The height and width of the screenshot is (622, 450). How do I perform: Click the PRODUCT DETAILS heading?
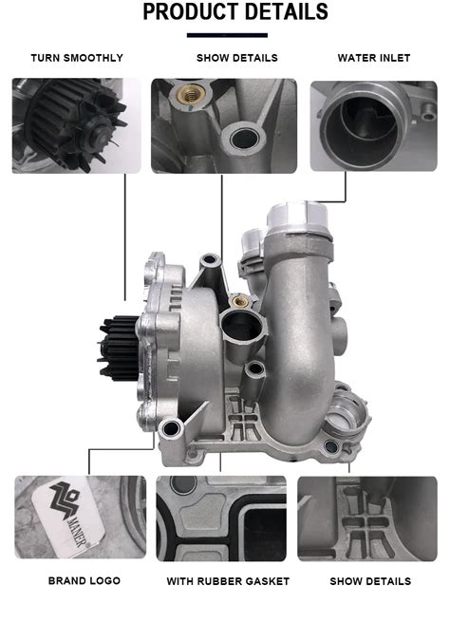[235, 11]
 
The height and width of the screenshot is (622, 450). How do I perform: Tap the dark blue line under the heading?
[227, 35]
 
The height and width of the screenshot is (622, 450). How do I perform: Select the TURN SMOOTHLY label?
[77, 58]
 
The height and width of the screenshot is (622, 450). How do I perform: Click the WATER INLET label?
[374, 58]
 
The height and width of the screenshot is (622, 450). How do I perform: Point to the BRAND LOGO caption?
[84, 581]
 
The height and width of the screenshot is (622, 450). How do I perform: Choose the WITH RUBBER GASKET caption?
[228, 581]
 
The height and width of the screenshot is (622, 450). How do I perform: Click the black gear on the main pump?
[119, 348]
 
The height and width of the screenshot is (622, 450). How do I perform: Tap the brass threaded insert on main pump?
[240, 302]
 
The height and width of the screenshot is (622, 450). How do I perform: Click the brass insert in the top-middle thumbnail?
[191, 94]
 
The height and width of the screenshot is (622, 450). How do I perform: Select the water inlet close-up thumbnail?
[373, 126]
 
